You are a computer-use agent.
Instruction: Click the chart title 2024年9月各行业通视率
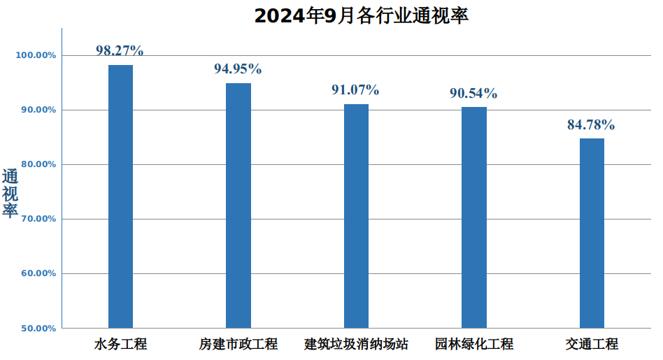coord(361,15)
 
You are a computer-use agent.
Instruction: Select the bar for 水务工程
coord(120,196)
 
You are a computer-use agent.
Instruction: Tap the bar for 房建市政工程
coord(238,206)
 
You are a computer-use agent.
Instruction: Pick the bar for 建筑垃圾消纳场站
coord(356,215)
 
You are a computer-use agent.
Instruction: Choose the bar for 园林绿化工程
coord(474,217)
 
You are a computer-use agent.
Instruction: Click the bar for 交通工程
coord(592,233)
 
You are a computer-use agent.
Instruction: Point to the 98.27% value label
coord(120,50)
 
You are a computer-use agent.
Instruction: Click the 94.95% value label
coord(238,69)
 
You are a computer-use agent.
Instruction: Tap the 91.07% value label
coord(355,89)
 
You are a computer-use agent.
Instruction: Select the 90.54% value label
coord(473,93)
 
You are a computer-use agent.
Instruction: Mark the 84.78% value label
coord(591,125)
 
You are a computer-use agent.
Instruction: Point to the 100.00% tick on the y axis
coord(36,55)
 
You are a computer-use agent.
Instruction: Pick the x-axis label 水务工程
coord(120,344)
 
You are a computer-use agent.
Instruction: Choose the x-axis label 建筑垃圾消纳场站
coord(356,344)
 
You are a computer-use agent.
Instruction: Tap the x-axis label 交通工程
coord(592,344)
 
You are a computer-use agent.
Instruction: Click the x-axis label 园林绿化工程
coord(474,344)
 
